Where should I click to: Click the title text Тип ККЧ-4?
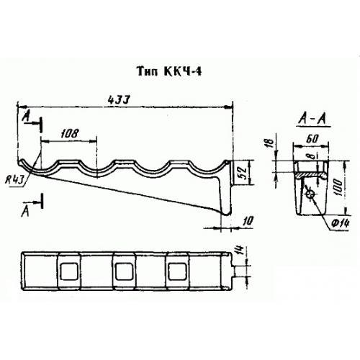169,71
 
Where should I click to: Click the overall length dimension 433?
119,100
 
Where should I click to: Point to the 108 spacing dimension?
70,133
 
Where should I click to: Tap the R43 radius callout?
15,180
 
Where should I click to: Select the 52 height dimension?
243,172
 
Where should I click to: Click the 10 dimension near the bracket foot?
248,220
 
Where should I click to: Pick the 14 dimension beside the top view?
241,250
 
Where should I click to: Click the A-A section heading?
313,119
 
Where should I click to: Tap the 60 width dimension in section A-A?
312,139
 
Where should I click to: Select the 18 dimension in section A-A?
270,143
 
